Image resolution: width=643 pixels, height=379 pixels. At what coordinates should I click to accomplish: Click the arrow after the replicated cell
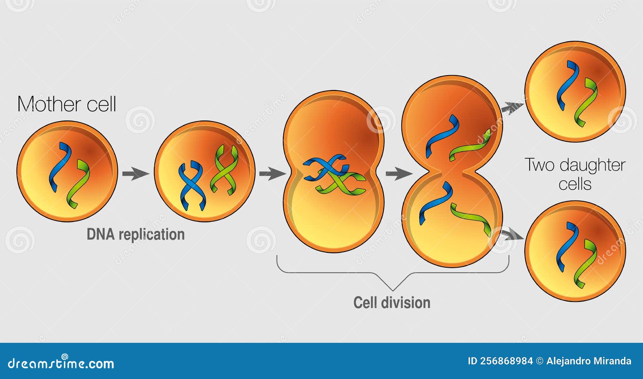(x=272, y=174)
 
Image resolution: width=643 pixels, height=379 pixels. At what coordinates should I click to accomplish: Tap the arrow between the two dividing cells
(x=398, y=174)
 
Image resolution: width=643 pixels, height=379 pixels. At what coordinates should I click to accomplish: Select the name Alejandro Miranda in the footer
(x=589, y=361)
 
